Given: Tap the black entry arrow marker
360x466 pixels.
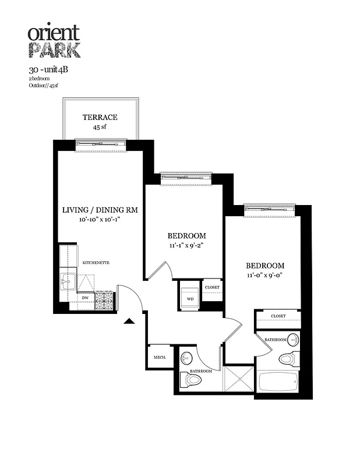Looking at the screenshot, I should (x=129, y=320).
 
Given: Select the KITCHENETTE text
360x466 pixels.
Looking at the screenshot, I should (x=96, y=263).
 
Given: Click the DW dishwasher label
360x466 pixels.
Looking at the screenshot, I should (x=85, y=297).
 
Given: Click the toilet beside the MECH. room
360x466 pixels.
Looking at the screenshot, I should (x=190, y=380).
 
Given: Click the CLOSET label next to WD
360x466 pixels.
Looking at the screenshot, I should (x=212, y=288).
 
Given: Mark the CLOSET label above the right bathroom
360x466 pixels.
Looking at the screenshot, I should (x=278, y=316).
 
